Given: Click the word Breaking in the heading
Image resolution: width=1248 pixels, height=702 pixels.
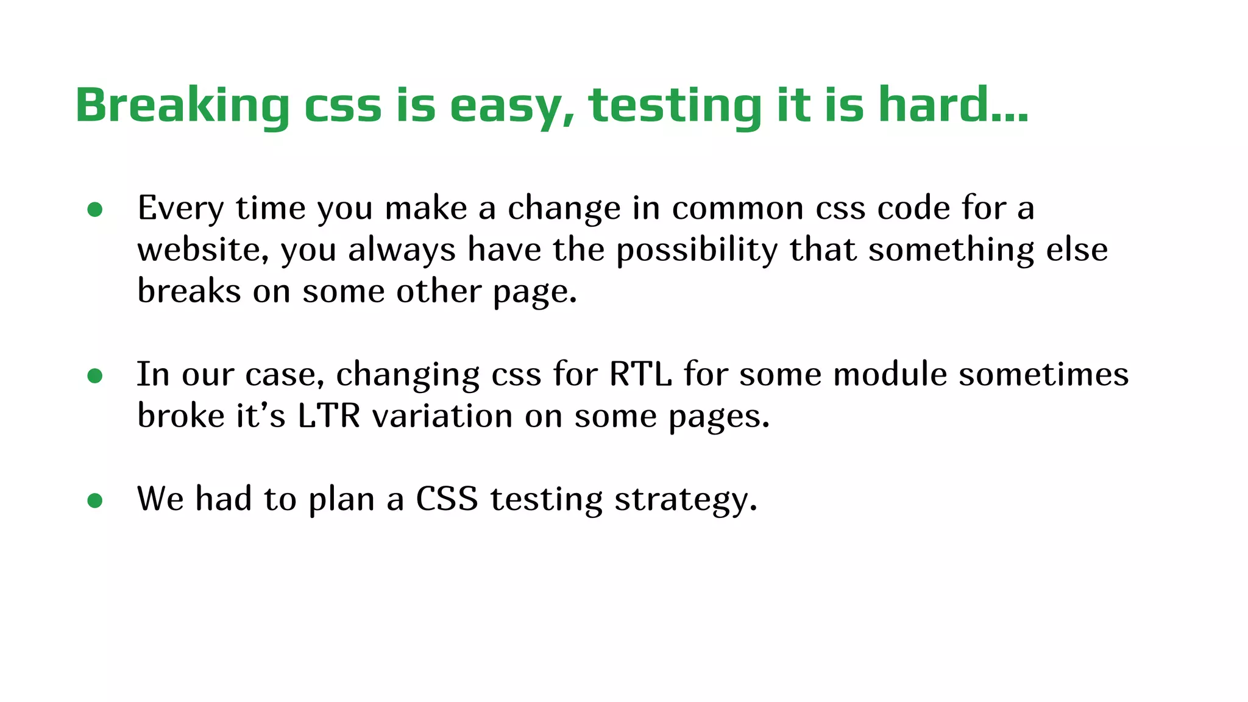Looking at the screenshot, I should coord(182,105).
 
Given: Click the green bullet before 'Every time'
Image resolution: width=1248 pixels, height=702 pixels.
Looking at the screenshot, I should coord(95,210).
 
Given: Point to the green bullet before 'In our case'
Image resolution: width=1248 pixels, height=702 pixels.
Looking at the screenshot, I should coord(95,375).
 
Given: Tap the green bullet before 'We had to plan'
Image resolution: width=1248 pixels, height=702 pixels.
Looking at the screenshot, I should coord(95,500).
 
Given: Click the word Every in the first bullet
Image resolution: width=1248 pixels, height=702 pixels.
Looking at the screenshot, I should coord(180,208).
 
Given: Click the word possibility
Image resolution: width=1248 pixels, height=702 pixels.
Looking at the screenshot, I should coord(697,250).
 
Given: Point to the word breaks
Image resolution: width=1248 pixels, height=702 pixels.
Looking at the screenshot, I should coord(189,291).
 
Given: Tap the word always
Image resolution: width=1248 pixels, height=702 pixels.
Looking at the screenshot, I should coord(402,250).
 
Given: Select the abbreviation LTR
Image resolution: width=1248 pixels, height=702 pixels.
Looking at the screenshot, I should coord(329,416).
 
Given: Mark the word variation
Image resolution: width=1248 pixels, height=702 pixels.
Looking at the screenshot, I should coord(442,416).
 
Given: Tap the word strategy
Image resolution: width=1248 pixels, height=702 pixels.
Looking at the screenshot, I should coord(686,500).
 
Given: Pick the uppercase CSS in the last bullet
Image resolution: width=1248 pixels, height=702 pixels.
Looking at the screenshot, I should coord(447,499).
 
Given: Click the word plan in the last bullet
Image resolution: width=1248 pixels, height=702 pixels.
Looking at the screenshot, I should coord(341,500).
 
